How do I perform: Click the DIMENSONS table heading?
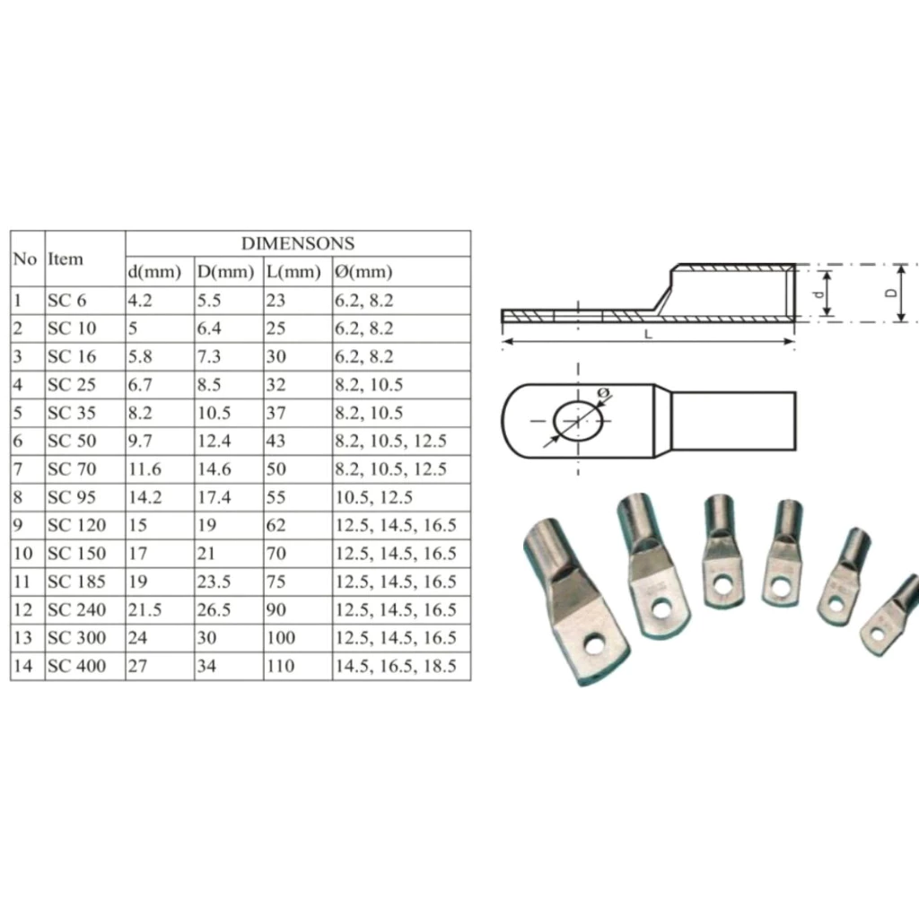[x=298, y=243]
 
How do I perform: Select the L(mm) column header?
[x=293, y=271]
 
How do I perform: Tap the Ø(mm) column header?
[x=363, y=271]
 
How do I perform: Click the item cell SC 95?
[x=72, y=497]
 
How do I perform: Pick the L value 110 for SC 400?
[x=281, y=666]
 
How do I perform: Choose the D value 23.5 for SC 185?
[x=214, y=582]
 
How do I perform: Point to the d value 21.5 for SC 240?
[x=144, y=609]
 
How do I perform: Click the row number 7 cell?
[x=18, y=468]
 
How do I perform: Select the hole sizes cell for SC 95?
[x=373, y=497]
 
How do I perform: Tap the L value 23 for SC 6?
[x=276, y=300]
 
